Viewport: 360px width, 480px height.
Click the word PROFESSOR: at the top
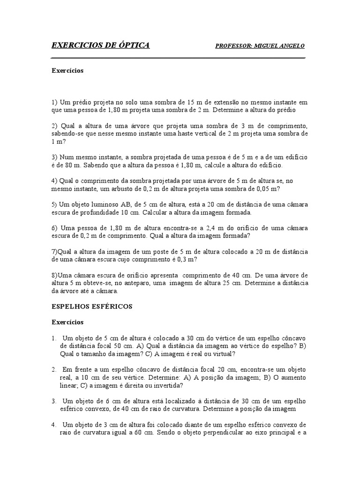(x=233, y=45)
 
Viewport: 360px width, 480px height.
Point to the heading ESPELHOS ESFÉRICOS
(x=92, y=307)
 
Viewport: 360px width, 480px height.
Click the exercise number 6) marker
(x=54, y=228)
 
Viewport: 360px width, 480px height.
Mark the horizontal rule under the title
(x=178, y=58)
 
